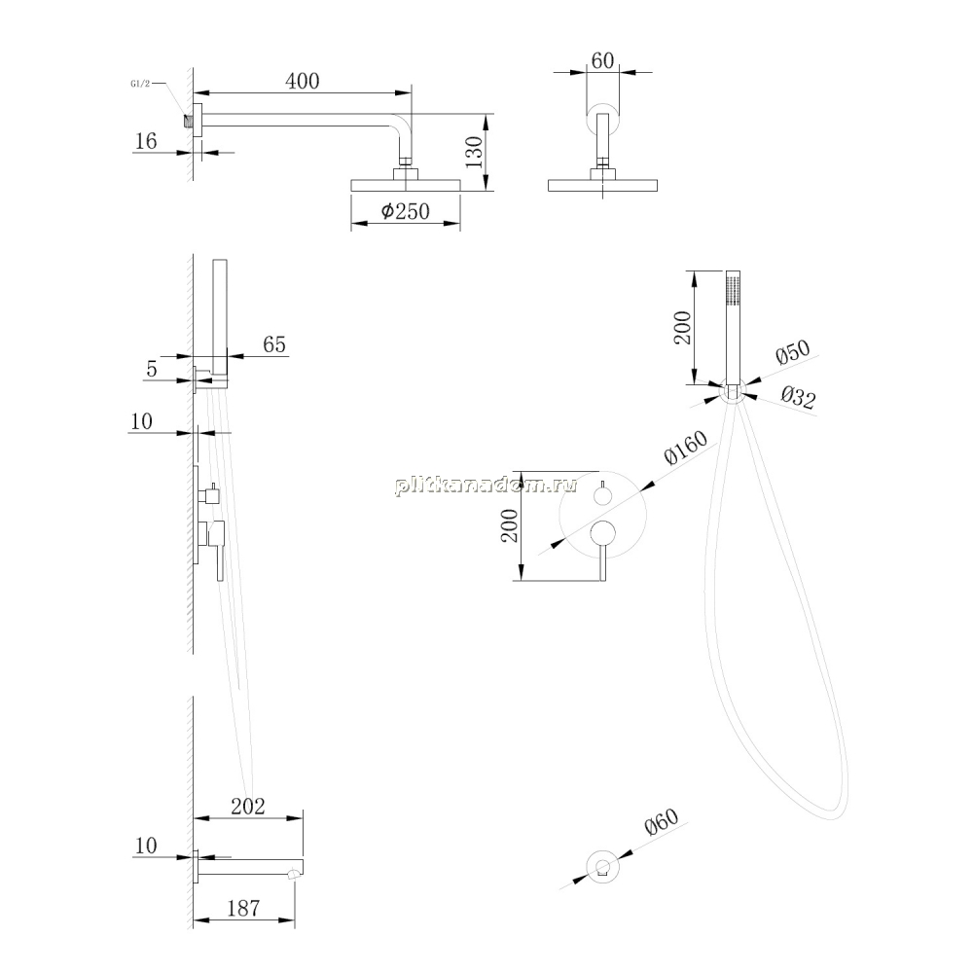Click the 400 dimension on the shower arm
(x=303, y=81)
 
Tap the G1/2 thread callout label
(x=140, y=84)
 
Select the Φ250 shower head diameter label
(x=405, y=211)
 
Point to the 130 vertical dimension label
(x=474, y=152)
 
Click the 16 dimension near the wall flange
(x=146, y=141)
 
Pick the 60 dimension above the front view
(x=602, y=60)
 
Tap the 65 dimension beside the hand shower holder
(x=274, y=344)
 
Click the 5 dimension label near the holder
(x=152, y=369)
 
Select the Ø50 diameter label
(x=793, y=352)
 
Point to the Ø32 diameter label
(x=798, y=396)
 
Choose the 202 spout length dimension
(x=247, y=806)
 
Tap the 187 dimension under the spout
(x=243, y=909)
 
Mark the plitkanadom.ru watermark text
(x=486, y=485)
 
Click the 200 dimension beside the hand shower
(x=682, y=328)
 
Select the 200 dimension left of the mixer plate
(x=510, y=525)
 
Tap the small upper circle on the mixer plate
(x=602, y=495)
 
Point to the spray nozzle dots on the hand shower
(x=733, y=290)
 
